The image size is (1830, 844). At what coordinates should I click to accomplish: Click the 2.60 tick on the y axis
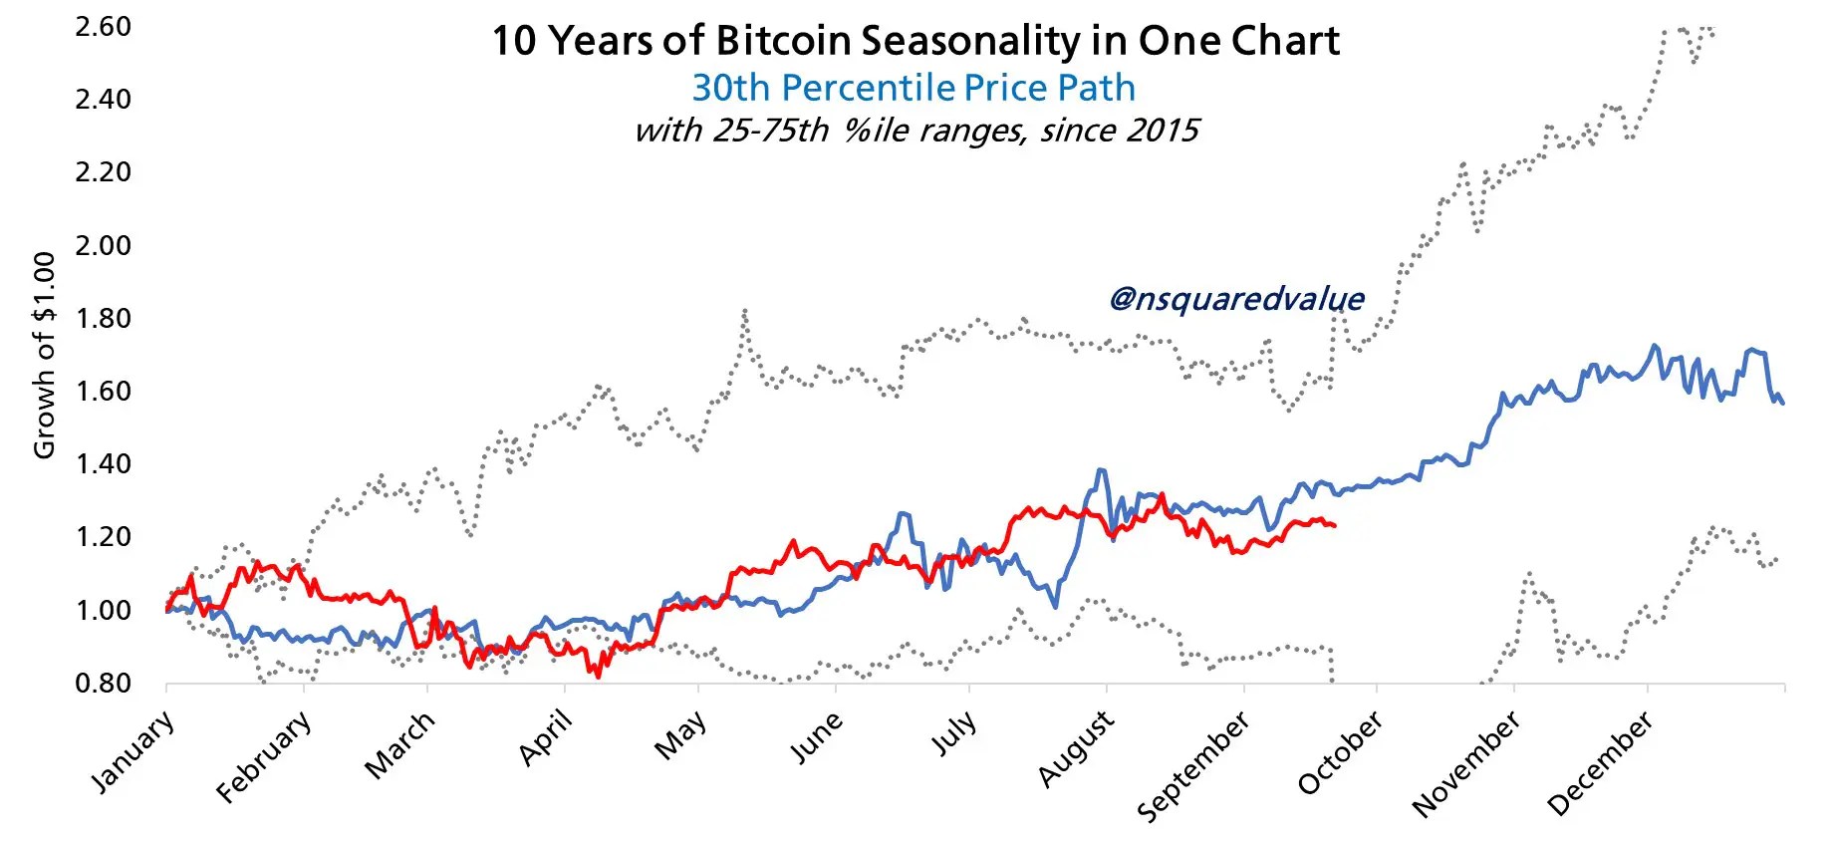coord(103,26)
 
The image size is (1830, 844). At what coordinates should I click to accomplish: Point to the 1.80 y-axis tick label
coord(103,318)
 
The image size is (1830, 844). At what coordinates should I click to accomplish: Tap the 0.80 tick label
coord(103,683)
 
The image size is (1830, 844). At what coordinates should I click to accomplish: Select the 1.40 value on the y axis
coord(103,463)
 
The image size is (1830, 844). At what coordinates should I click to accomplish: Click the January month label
coord(133,751)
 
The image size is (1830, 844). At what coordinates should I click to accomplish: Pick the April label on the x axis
coord(546,737)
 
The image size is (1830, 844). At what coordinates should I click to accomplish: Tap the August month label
coord(1076,747)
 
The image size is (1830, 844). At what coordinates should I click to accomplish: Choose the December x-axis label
coord(1600,762)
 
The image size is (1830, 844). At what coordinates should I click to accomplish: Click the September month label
coord(1192,766)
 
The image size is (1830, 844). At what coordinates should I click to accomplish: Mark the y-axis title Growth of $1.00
coord(44,356)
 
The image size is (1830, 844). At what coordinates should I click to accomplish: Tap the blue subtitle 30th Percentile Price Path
coord(914,88)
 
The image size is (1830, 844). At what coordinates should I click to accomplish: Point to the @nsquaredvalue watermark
coord(1236,298)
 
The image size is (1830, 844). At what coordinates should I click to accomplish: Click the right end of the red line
coord(1335,525)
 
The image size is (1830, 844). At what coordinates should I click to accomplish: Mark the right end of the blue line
coord(1783,403)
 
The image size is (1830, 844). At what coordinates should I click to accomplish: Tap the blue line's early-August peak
coord(1101,469)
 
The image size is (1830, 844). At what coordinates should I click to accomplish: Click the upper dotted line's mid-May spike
coord(744,311)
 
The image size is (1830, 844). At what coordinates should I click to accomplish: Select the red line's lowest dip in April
coord(598,677)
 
